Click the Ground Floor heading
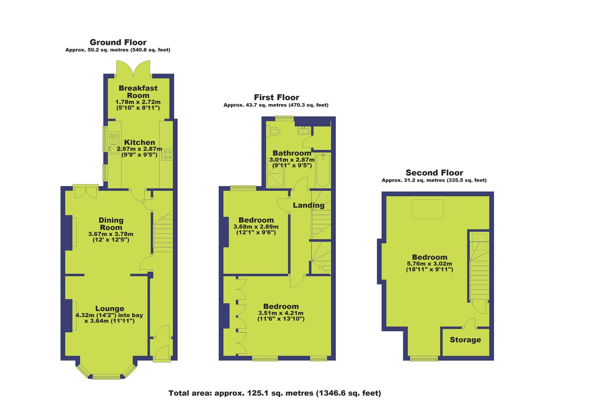pos(118,42)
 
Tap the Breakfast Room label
pos(138,92)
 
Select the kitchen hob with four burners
pos(167,154)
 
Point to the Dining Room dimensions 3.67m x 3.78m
pos(111,234)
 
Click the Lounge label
pos(110,309)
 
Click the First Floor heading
pos(276,97)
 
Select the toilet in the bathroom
pos(273,131)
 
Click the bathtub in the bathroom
pos(323,170)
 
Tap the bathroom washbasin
pos(304,131)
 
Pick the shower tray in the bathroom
pos(275,174)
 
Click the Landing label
pos(309,205)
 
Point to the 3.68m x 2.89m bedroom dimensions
pos(256,227)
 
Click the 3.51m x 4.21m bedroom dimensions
pos(281,313)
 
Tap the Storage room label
pos(465,340)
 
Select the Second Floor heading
pos(434,173)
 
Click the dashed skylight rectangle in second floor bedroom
pos(428,209)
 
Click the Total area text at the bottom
pos(275,393)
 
